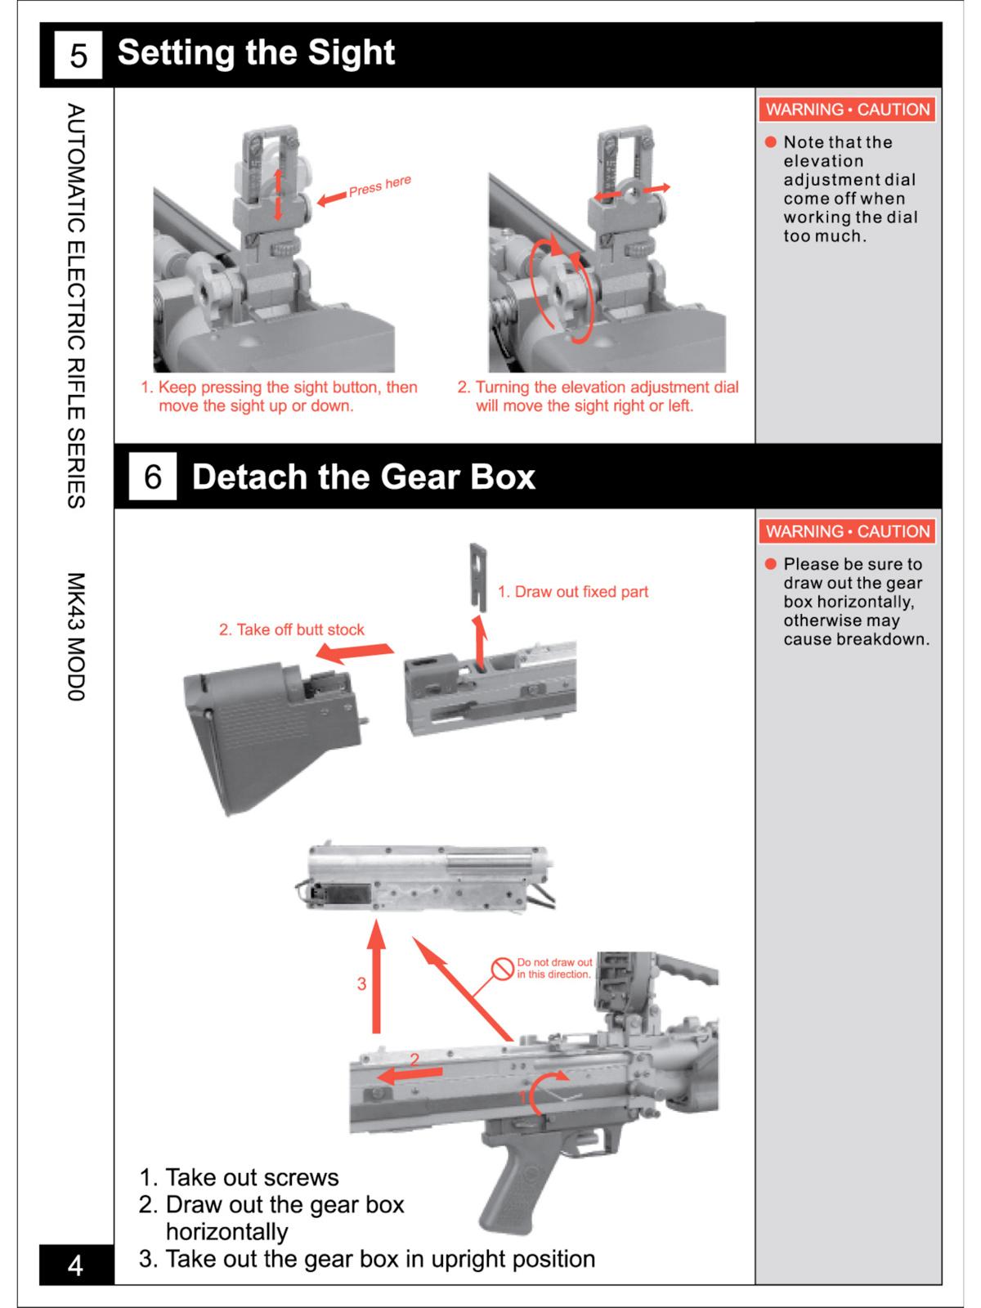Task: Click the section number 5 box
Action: [x=78, y=55]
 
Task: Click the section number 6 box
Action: [x=153, y=477]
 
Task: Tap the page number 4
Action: [x=75, y=1265]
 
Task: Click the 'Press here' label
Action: [x=379, y=186]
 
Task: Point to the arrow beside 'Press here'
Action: [x=331, y=199]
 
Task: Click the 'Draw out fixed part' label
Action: [x=573, y=592]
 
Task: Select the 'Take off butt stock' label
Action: [x=291, y=629]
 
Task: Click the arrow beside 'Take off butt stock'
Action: [x=354, y=652]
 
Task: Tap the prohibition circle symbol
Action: [x=502, y=969]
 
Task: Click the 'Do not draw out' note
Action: [x=554, y=969]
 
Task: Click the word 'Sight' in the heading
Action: [x=351, y=53]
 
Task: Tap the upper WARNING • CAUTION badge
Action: [x=848, y=110]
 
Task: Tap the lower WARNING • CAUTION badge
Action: [x=848, y=531]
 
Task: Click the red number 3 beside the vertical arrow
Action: [x=361, y=984]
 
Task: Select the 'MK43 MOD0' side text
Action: [x=75, y=637]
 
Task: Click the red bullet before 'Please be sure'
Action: [x=770, y=564]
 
